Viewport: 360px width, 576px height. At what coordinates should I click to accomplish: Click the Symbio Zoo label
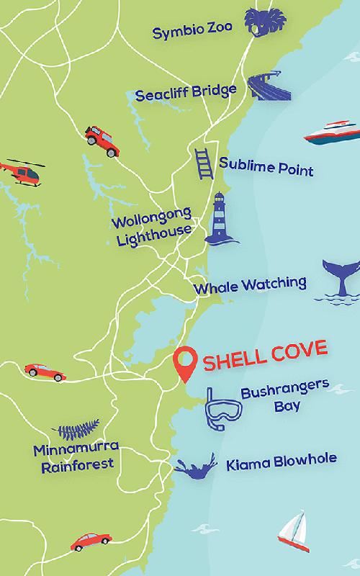[x=192, y=30]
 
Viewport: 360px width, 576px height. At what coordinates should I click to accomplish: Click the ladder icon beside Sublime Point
[x=204, y=163]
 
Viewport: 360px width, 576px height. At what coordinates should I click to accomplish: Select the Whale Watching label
[x=250, y=286]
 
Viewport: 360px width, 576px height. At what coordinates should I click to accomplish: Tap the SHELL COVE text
[x=265, y=356]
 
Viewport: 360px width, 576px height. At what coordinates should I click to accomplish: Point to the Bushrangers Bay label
[x=284, y=397]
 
